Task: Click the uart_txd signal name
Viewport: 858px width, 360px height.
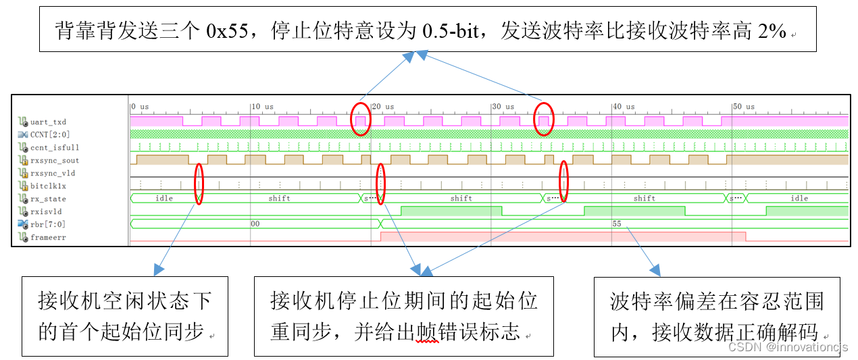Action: (48, 122)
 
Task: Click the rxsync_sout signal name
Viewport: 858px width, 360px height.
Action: (54, 161)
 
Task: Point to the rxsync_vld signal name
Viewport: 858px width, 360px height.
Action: (53, 174)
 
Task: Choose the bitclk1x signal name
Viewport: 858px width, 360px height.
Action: (48, 186)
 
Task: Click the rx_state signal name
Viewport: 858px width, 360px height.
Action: (48, 199)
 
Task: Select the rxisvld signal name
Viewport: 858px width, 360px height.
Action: (46, 211)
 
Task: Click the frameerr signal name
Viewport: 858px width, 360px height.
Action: (48, 237)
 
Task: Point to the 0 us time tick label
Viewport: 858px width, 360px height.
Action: (140, 107)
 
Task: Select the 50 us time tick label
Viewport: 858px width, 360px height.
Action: (744, 107)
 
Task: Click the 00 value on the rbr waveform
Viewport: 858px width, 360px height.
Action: (255, 224)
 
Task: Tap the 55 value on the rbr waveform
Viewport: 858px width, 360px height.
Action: (616, 224)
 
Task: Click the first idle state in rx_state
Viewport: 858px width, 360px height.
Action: (164, 199)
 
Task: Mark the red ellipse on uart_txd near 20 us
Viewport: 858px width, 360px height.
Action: (361, 120)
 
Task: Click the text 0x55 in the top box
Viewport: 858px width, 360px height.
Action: (226, 30)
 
